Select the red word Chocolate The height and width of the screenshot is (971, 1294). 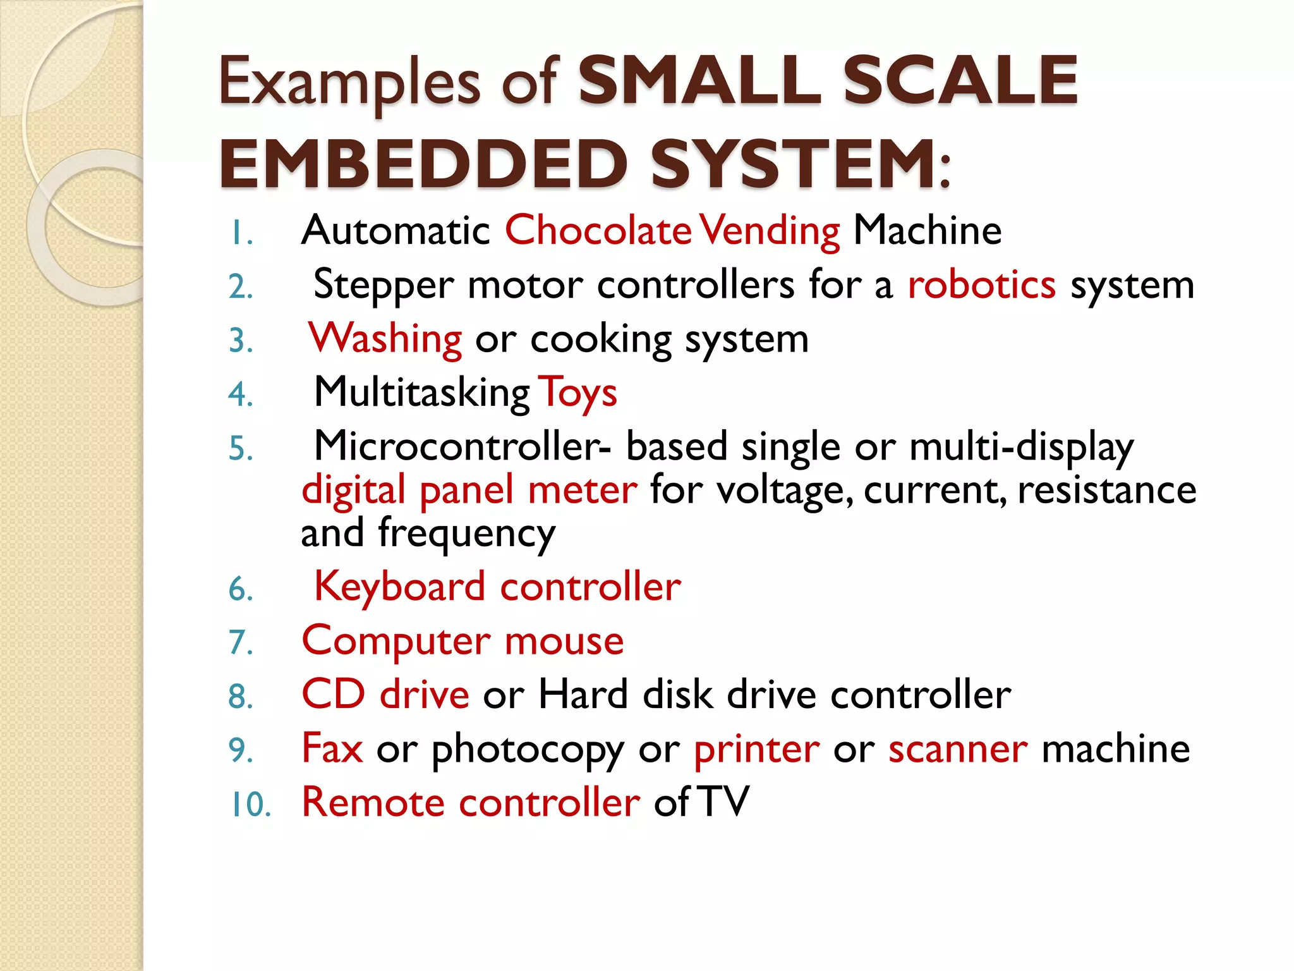[x=598, y=230]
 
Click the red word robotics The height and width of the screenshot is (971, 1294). [x=981, y=284]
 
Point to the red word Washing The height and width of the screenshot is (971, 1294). [x=385, y=339]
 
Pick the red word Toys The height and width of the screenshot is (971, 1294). [x=577, y=393]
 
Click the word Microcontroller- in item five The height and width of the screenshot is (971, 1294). [x=463, y=446]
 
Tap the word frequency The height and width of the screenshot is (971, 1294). [x=466, y=534]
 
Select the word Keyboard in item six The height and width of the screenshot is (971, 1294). [x=399, y=587]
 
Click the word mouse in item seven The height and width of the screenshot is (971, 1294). [x=564, y=641]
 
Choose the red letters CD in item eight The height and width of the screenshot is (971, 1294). [x=334, y=694]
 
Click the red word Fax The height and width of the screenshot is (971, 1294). [x=332, y=748]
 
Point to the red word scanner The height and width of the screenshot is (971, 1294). [x=958, y=750]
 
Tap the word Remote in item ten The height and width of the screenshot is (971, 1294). [x=373, y=803]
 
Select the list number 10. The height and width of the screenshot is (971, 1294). [x=250, y=805]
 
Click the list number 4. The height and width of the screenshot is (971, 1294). [x=240, y=395]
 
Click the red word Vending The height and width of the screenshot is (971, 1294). [x=770, y=231]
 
